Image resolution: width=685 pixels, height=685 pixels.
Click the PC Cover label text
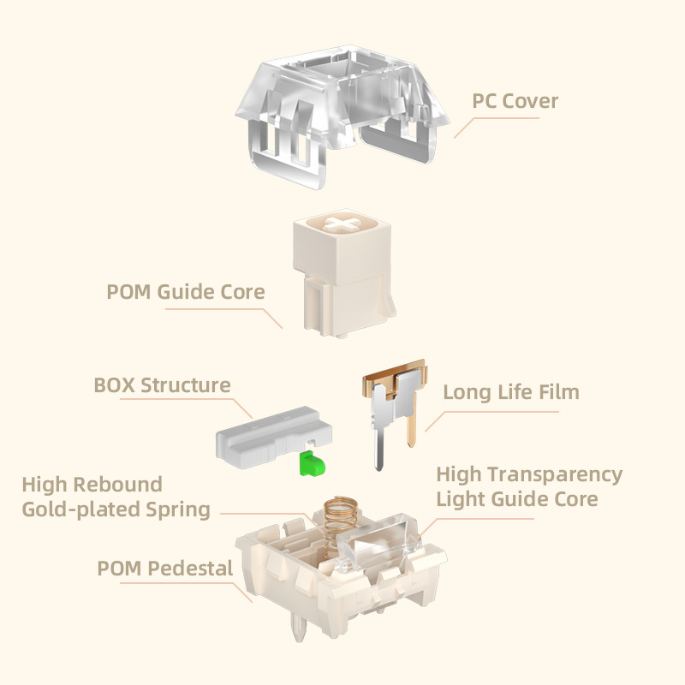coord(515,101)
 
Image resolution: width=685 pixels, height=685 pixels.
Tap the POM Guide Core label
coord(186,292)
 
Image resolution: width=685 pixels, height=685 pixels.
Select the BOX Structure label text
coord(162,385)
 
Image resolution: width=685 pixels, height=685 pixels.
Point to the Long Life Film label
coord(511,392)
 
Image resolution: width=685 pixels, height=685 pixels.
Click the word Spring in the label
coord(178,509)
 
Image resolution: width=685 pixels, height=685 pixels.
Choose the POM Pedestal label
coord(164,569)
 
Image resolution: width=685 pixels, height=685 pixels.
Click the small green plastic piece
coord(312,464)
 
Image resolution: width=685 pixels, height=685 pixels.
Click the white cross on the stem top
coord(342,223)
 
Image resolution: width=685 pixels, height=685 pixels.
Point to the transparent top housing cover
coord(342,115)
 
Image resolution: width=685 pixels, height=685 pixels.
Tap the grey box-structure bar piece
coord(274,437)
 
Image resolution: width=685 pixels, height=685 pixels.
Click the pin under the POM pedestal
coord(300,625)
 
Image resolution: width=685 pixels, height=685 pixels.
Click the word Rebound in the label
coord(117,485)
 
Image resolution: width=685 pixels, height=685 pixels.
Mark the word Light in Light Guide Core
coord(459,500)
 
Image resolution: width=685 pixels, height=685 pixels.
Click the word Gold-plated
coord(81,509)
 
